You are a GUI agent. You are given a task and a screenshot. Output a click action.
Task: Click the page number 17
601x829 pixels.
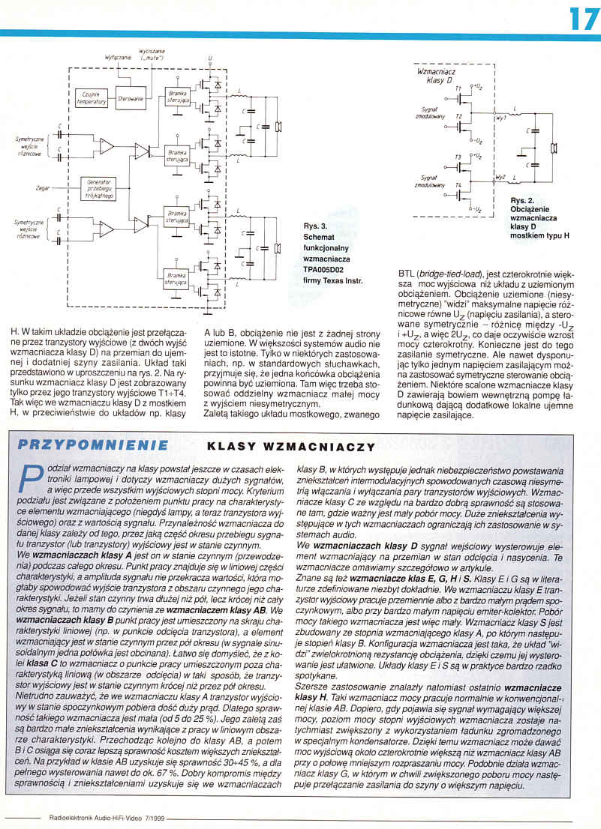point(582,17)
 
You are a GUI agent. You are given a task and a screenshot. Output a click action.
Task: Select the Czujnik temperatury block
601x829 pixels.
point(93,97)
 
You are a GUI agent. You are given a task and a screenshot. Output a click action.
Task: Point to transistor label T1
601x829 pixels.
point(458,88)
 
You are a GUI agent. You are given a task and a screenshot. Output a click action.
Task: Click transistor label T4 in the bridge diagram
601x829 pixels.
point(457,184)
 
